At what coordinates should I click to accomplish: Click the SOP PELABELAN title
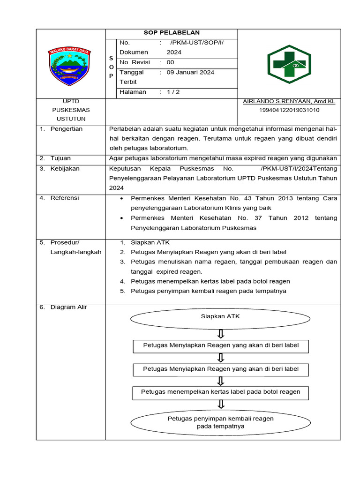pyautogui.click(x=172, y=33)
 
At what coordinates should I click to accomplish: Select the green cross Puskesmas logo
pyautogui.click(x=286, y=64)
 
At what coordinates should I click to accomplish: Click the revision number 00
pyautogui.click(x=170, y=62)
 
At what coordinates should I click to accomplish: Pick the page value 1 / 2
pyautogui.click(x=173, y=92)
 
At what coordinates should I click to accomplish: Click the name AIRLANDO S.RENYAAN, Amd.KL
pyautogui.click(x=289, y=101)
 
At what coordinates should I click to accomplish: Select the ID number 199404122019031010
pyautogui.click(x=289, y=110)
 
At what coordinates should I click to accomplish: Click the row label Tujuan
pyautogui.click(x=60, y=158)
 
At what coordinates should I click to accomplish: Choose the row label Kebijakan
pyautogui.click(x=65, y=168)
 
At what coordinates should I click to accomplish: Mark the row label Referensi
pyautogui.click(x=65, y=198)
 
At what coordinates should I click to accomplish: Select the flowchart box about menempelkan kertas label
pyautogui.click(x=221, y=392)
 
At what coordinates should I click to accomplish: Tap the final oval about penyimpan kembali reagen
pyautogui.click(x=220, y=422)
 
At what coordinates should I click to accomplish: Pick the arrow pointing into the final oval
pyautogui.click(x=221, y=404)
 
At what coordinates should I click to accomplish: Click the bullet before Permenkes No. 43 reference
pyautogui.click(x=122, y=199)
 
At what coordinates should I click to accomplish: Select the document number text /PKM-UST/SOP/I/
pyautogui.click(x=197, y=43)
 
